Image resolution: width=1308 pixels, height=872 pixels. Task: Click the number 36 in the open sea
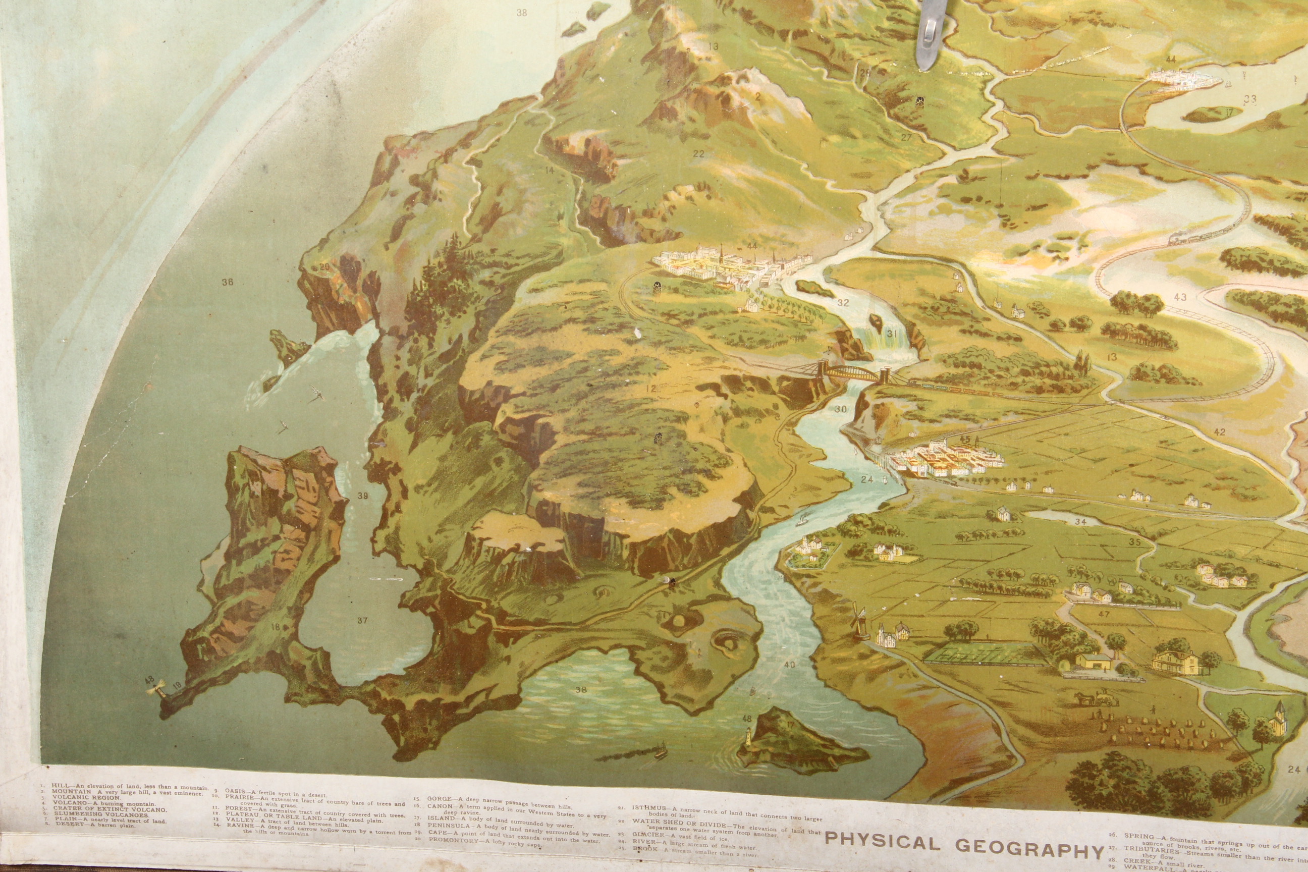[227, 282]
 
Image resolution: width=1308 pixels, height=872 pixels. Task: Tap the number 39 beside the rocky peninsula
[363, 496]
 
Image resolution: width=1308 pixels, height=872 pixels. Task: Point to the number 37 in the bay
[362, 621]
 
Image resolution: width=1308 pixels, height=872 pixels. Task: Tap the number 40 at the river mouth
[790, 665]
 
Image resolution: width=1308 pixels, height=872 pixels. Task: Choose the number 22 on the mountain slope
[698, 154]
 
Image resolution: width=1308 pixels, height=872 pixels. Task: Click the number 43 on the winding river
[1180, 296]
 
